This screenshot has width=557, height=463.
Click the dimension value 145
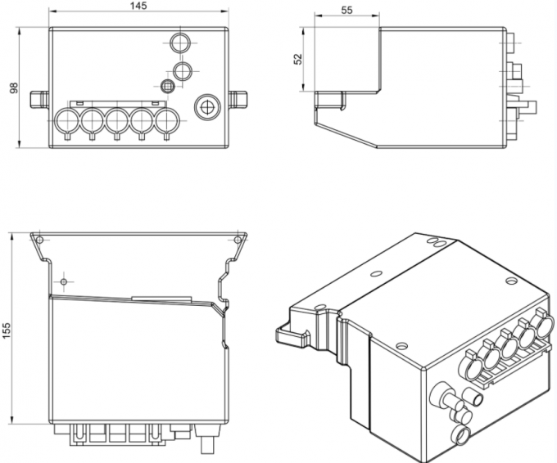138,7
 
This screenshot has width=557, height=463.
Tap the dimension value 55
345,10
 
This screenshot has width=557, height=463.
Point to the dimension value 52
298,59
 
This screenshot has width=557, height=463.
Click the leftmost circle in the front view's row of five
65,123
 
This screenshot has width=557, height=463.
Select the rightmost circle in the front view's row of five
167,123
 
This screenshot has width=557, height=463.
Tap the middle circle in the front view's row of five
116,123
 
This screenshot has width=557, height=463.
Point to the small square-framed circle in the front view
168,86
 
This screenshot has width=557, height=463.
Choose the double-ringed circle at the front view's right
206,106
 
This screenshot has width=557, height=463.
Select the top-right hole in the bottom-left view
238,239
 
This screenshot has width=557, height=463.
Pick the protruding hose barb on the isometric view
443,398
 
